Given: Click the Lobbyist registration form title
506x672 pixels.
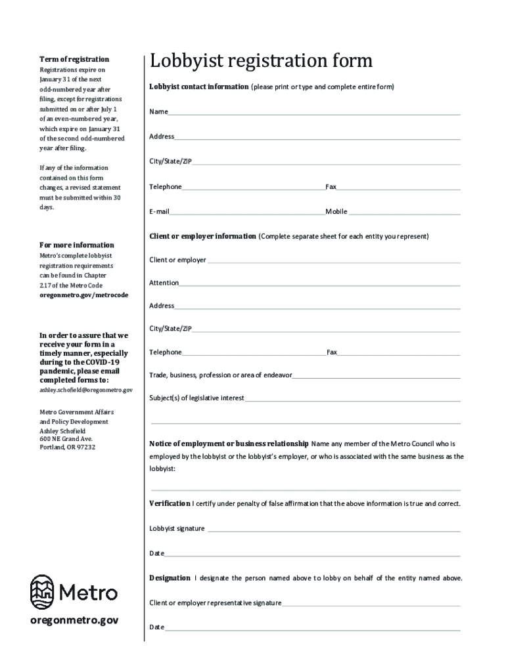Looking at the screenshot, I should (x=261, y=61).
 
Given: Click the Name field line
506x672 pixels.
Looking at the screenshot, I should (x=314, y=113).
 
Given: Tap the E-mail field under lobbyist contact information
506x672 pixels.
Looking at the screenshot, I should (x=247, y=213).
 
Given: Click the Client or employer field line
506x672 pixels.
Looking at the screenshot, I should (x=333, y=261).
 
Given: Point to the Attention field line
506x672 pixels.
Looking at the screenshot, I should (x=319, y=284).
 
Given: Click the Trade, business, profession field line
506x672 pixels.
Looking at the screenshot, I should (x=376, y=377).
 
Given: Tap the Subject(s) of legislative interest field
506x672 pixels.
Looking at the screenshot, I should (x=352, y=399).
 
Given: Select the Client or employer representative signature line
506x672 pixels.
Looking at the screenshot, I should (x=371, y=604).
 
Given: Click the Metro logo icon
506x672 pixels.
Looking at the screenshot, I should (x=43, y=592).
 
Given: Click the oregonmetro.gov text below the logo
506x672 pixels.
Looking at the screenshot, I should (x=74, y=621).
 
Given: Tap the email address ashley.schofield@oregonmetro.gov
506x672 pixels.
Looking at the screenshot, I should (x=86, y=390).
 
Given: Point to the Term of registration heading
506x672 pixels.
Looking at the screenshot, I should (x=74, y=59).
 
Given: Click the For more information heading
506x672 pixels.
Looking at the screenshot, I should (x=77, y=245).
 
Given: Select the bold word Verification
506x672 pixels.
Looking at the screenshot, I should (x=170, y=503).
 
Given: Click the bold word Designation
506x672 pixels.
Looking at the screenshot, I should (x=170, y=578).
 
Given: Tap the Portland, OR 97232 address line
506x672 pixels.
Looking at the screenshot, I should (x=68, y=447).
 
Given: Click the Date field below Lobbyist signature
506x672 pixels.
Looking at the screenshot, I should (x=312, y=555).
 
